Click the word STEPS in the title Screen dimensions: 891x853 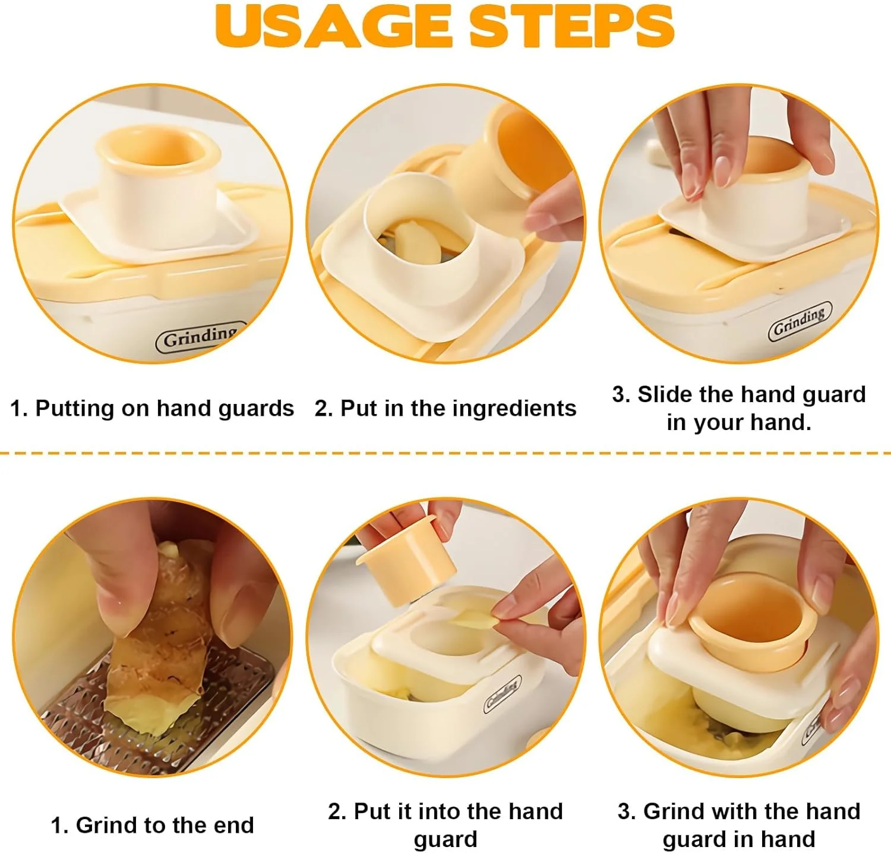coord(572,26)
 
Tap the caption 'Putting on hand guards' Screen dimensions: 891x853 coord(165,409)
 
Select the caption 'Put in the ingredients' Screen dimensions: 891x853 coord(458,409)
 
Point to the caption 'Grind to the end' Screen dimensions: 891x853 coord(165,825)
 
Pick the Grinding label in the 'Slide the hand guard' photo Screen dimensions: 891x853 coord(800,321)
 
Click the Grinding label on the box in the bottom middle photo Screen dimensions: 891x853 coord(503,694)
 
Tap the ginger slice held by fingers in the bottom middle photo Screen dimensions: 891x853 coord(472,618)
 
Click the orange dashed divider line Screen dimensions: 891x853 coord(445,453)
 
